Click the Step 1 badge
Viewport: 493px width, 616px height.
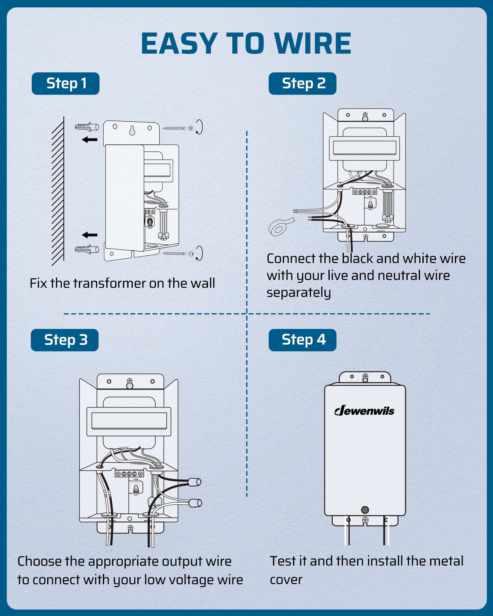click(66, 83)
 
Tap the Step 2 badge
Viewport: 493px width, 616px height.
click(302, 83)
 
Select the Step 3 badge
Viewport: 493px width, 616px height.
click(65, 340)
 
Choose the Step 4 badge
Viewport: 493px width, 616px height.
click(302, 340)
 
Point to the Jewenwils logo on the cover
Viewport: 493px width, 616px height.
click(364, 411)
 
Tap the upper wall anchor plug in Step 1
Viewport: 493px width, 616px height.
click(87, 127)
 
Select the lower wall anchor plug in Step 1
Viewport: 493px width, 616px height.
click(87, 249)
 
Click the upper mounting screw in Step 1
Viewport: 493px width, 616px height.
click(178, 128)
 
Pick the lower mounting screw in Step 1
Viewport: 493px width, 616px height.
click(178, 254)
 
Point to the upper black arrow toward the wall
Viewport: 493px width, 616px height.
click(90, 140)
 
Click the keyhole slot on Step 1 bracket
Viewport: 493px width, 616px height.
click(132, 131)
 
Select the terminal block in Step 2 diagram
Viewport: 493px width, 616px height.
click(365, 192)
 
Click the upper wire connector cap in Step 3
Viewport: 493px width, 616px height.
click(194, 482)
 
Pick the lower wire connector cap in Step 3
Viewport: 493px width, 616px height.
click(195, 503)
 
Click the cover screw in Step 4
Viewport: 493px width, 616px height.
click(365, 510)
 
